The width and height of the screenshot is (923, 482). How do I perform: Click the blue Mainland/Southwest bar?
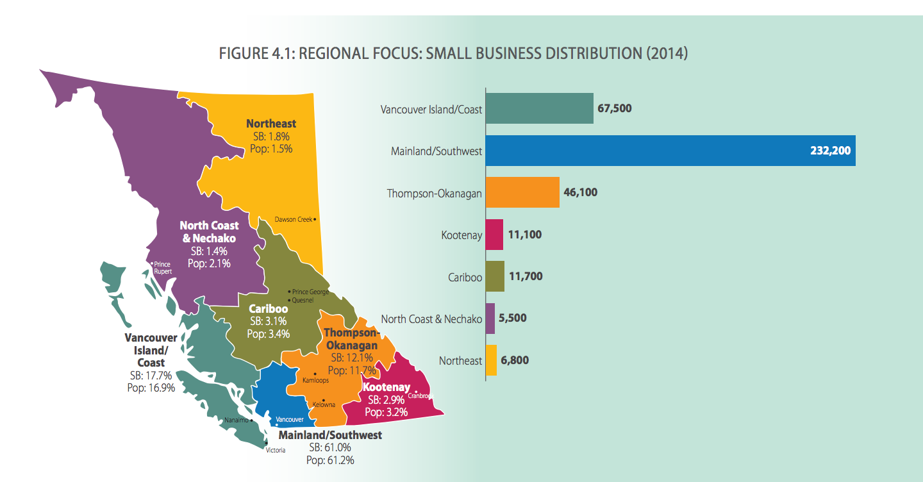click(x=670, y=151)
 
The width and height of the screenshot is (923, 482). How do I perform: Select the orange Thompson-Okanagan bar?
click(x=522, y=192)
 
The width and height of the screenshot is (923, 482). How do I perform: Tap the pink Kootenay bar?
click(x=494, y=235)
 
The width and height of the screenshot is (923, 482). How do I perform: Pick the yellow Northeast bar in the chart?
click(x=491, y=360)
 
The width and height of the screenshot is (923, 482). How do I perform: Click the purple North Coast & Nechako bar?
click(x=490, y=319)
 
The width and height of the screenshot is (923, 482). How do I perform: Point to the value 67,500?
click(x=614, y=108)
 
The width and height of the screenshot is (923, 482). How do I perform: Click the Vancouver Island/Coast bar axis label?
click(x=431, y=110)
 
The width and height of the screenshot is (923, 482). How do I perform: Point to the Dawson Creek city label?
click(x=294, y=219)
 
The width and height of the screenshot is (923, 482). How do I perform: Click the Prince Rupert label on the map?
click(x=163, y=267)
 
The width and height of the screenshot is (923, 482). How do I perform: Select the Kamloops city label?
click(x=315, y=380)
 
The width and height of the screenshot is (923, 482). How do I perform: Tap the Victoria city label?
click(x=276, y=450)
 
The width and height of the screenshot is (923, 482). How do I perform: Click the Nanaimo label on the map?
click(x=236, y=420)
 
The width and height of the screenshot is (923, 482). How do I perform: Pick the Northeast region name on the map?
click(x=271, y=124)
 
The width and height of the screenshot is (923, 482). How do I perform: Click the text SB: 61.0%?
click(x=330, y=447)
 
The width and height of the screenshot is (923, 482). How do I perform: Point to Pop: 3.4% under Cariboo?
click(x=269, y=333)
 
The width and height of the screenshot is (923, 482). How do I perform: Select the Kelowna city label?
click(x=324, y=404)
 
